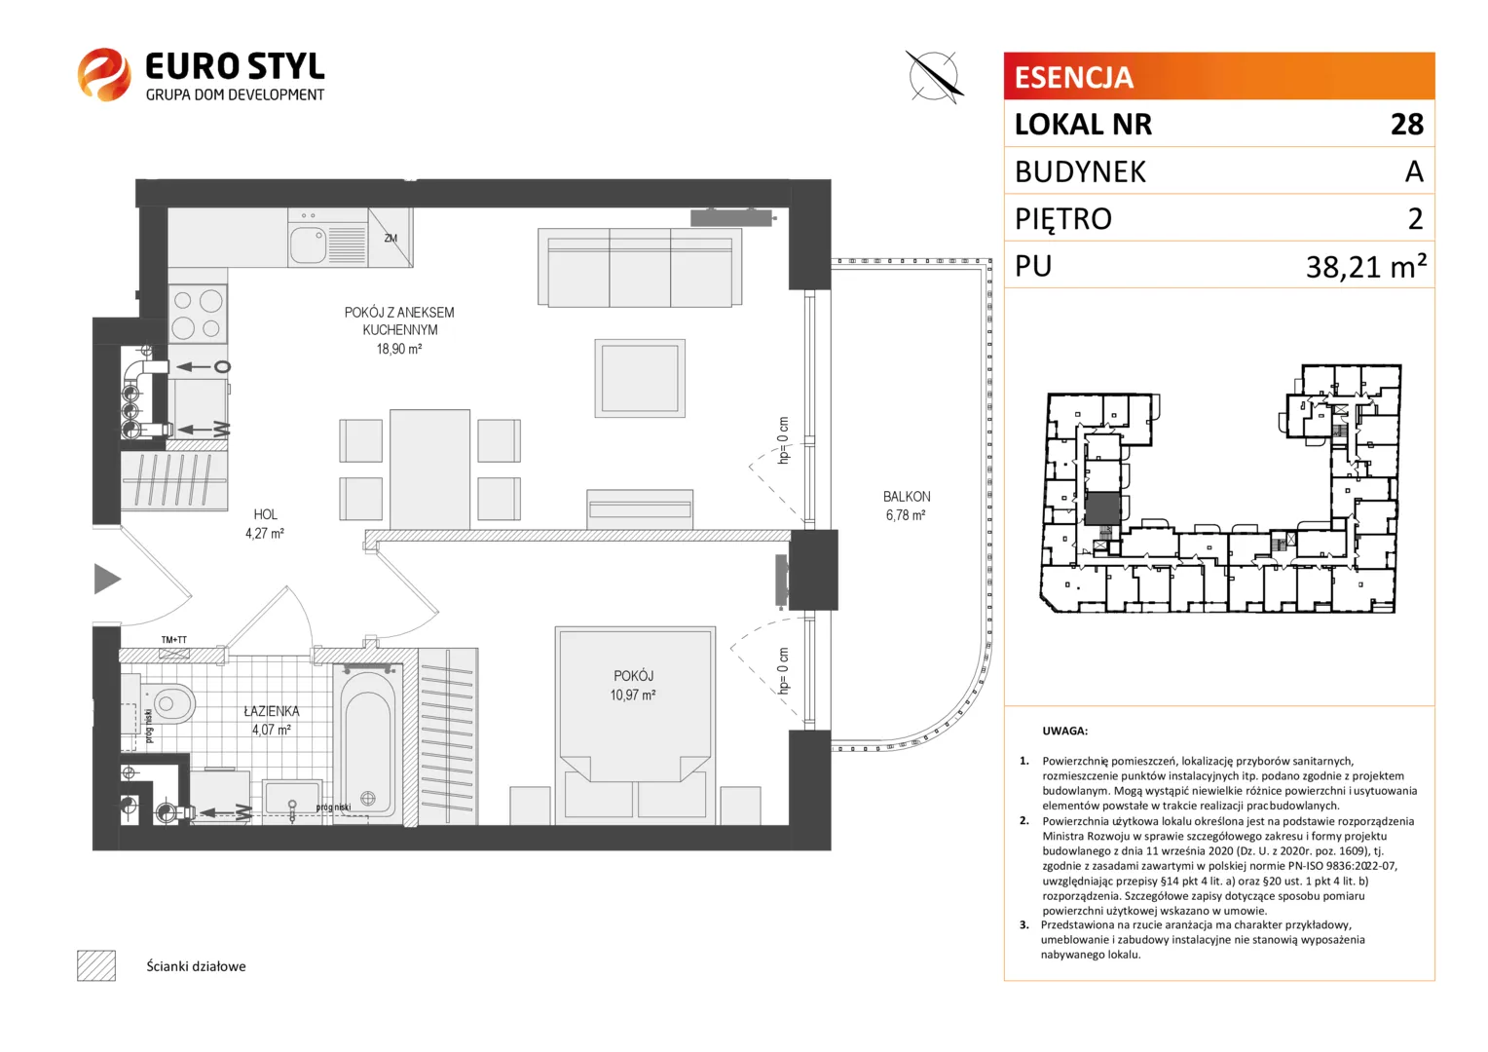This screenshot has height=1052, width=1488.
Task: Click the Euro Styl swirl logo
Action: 103,74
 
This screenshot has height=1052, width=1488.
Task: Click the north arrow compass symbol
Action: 934,76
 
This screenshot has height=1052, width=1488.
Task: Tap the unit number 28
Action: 1407,125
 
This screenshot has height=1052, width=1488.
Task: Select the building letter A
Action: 1414,171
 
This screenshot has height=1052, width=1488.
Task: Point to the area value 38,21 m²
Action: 1365,267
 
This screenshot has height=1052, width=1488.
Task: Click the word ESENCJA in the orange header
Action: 1073,77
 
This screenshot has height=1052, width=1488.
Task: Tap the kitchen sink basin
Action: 309,245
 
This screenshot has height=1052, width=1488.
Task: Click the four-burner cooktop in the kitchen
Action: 198,314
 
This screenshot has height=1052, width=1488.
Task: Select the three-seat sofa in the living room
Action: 640,267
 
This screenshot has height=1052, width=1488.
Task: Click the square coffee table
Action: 640,378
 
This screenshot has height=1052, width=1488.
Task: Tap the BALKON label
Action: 906,497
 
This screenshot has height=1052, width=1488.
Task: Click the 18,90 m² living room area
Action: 399,349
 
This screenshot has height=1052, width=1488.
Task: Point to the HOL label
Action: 265,514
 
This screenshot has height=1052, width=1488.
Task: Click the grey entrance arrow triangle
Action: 107,579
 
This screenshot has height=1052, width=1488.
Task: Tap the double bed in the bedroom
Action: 635,726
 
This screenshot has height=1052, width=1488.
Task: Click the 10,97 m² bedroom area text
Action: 633,695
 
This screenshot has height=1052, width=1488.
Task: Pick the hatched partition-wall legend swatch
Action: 96,965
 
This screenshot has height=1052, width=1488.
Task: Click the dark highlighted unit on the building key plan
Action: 1102,509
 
